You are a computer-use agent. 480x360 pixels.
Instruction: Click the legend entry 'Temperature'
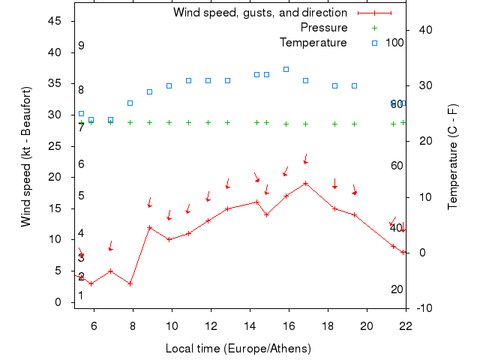point(313,43)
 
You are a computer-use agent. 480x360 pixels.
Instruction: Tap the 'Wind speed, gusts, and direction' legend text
point(259,13)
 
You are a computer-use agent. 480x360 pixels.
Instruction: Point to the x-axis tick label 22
point(406,325)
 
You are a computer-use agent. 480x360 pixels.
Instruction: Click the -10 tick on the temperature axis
point(424,308)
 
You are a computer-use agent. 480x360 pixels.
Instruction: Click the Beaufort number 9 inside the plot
point(81,46)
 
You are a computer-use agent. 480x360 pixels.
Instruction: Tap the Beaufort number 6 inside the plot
point(81,164)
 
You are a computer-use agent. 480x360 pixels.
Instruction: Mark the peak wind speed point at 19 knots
point(305,183)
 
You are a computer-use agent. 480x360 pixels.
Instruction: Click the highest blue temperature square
point(286,69)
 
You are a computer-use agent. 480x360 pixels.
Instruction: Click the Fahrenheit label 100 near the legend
point(394,43)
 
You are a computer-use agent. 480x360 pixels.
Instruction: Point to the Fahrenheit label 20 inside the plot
point(397,289)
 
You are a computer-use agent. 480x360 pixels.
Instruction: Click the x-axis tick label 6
point(94,325)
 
